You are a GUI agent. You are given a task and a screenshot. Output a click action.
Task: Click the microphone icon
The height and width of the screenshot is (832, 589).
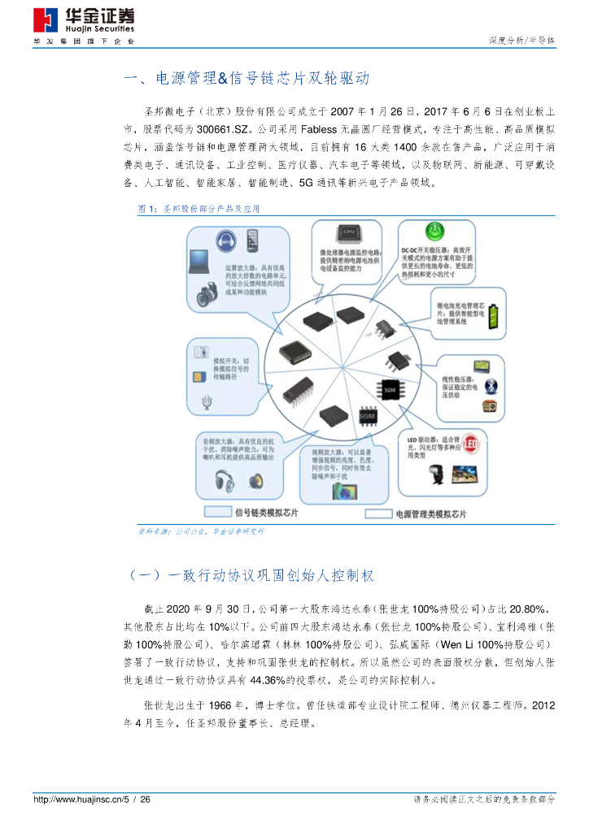pos(208,401)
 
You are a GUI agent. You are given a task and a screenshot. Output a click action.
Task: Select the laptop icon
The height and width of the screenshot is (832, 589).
pos(200,262)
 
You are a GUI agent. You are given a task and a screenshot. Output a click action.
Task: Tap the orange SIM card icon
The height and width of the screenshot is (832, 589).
pos(199,377)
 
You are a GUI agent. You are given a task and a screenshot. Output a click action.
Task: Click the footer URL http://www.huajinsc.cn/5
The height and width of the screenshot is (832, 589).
pos(81,800)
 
